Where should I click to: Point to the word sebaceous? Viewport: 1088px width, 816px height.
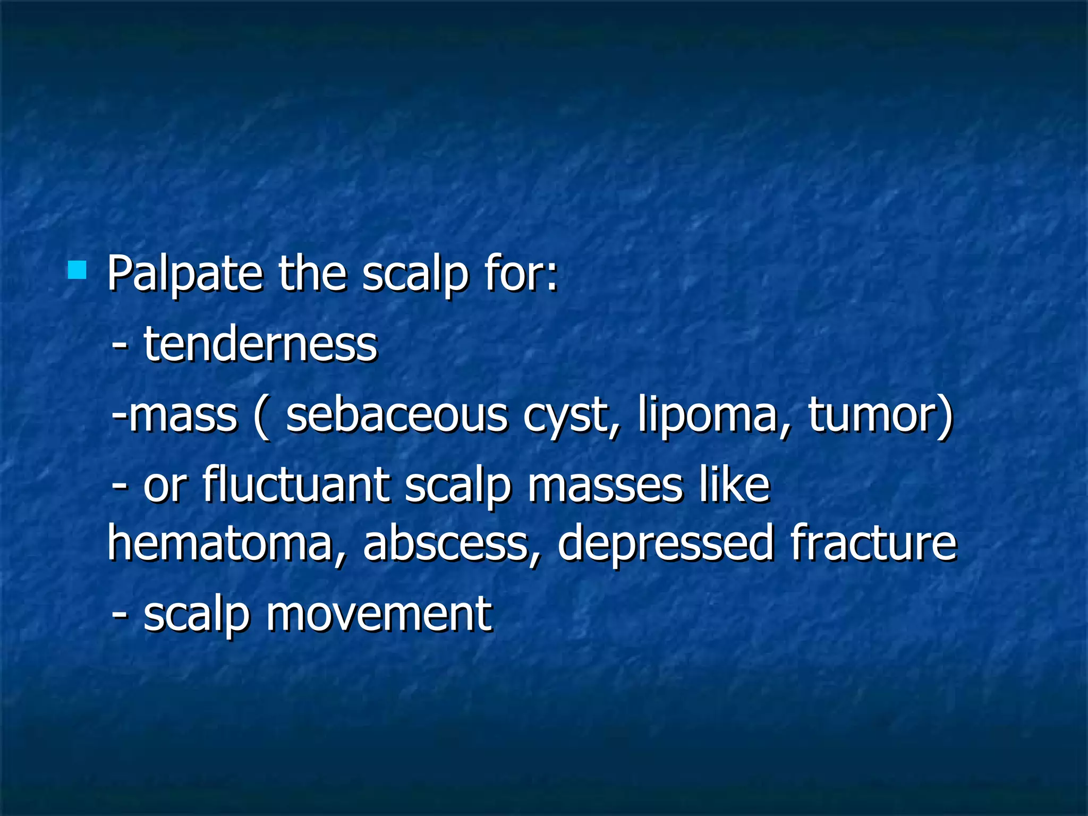(x=396, y=415)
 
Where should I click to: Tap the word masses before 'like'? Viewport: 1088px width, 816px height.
(x=605, y=485)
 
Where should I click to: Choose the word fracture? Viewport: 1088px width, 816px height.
(x=873, y=542)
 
